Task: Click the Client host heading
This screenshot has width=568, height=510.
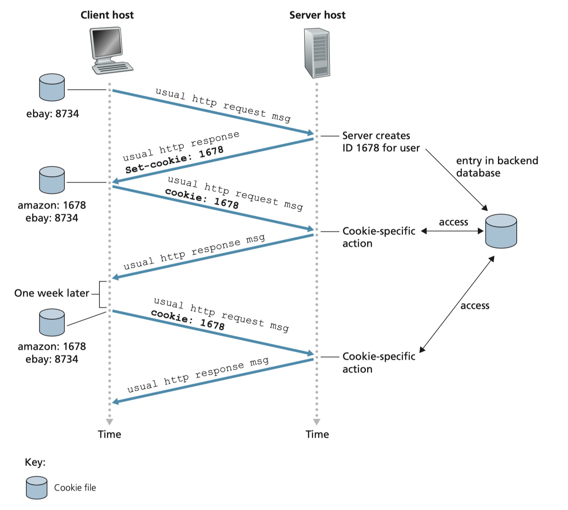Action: (x=107, y=15)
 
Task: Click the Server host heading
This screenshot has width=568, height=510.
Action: (x=317, y=15)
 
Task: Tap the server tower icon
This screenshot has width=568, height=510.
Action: (x=317, y=53)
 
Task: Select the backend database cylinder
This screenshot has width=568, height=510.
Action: (x=501, y=231)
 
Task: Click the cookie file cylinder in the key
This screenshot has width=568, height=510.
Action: (x=37, y=487)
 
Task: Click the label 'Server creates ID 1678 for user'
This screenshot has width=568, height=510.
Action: (x=381, y=142)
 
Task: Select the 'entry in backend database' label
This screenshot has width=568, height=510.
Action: (x=497, y=167)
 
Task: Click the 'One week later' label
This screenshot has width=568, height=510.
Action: (x=52, y=293)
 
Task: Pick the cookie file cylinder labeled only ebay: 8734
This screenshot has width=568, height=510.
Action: (x=52, y=87)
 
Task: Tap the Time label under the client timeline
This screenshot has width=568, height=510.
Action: (x=109, y=434)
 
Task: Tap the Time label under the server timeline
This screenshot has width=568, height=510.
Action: (x=317, y=434)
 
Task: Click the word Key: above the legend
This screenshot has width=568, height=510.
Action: (x=35, y=462)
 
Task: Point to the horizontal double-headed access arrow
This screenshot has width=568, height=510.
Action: (x=452, y=231)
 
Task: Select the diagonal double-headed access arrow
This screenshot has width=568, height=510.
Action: (x=457, y=304)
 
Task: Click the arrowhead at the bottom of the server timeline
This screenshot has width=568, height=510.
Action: (x=317, y=422)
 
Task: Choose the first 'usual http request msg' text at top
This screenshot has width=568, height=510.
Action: (x=223, y=105)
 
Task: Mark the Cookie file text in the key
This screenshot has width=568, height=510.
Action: (x=75, y=487)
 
